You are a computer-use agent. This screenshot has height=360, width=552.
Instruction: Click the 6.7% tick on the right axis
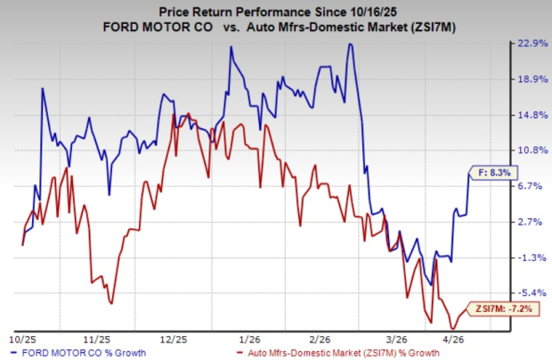tap(532, 185)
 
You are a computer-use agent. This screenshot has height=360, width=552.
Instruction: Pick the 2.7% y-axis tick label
tap(532, 221)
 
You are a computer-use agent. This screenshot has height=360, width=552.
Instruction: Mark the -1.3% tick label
tap(532, 258)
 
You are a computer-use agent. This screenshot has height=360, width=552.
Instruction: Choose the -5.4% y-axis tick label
tap(532, 293)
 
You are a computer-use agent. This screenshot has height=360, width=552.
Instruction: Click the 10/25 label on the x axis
tap(22, 339)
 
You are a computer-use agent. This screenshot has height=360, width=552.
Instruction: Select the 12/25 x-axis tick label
tap(174, 339)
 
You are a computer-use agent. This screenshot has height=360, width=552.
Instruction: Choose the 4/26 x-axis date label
tap(455, 339)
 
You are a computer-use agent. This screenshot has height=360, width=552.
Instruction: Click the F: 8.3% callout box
tap(491, 173)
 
